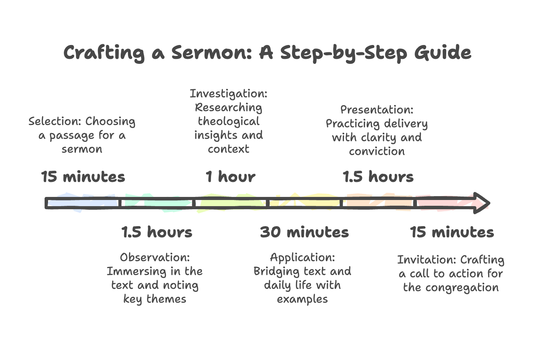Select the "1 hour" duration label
pyautogui.click(x=230, y=177)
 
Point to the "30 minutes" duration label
pyautogui.click(x=304, y=232)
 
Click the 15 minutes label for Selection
pyautogui.click(x=83, y=177)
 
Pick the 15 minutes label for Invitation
pyautogui.click(x=452, y=232)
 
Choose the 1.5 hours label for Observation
pyautogui.click(x=157, y=232)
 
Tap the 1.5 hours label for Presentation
pyautogui.click(x=378, y=177)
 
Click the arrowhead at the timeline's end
pyautogui.click(x=482, y=203)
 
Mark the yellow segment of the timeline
pyautogui.click(x=306, y=203)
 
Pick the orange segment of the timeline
pyautogui.click(x=379, y=203)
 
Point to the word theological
pyautogui.click(x=229, y=122)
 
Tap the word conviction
pyautogui.click(x=377, y=152)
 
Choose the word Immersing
pyautogui.click(x=133, y=272)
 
